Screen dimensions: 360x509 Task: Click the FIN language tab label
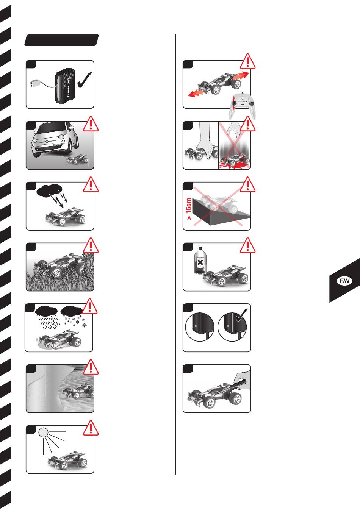(x=344, y=281)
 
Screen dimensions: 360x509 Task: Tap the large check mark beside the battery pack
(x=85, y=80)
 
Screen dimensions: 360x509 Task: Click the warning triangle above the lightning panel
(x=91, y=184)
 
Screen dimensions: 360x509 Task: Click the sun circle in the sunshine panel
(x=43, y=432)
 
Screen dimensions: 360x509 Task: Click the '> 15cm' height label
(x=189, y=209)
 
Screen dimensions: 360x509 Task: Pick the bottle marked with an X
(x=200, y=261)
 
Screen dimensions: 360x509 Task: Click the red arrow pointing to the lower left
(x=197, y=93)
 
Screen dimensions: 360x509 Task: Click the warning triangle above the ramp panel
(x=247, y=184)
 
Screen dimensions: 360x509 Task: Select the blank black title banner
(x=61, y=40)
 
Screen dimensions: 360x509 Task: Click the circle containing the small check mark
(x=232, y=327)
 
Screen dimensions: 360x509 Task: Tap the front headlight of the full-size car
(x=61, y=137)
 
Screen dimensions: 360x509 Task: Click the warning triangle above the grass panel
(x=91, y=245)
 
